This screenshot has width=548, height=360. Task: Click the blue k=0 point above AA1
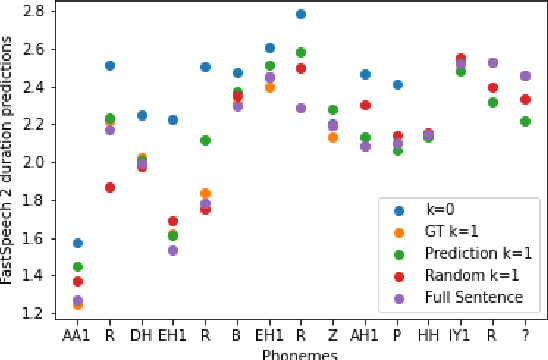(78, 243)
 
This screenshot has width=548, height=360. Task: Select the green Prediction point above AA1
(78, 267)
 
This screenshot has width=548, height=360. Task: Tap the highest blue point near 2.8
(301, 14)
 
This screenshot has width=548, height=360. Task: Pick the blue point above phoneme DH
(142, 116)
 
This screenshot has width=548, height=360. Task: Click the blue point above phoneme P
(397, 85)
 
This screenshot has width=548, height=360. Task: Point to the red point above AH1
(366, 105)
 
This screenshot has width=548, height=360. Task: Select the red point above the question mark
(525, 100)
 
